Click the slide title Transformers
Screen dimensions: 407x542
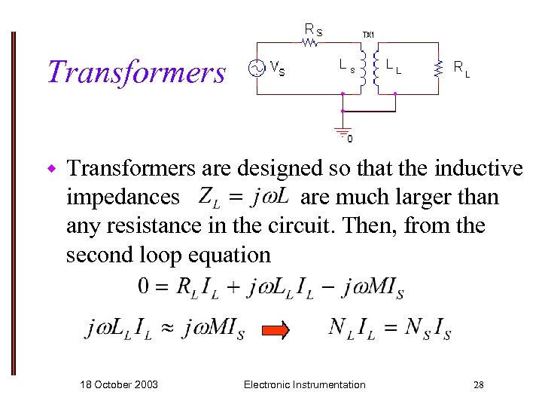pyautogui.click(x=135, y=72)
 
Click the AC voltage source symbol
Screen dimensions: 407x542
pyautogui.click(x=256, y=69)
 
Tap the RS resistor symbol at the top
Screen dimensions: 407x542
pyautogui.click(x=310, y=43)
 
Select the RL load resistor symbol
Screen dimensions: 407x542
pyautogui.click(x=438, y=69)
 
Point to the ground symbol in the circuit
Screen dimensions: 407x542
pyautogui.click(x=343, y=130)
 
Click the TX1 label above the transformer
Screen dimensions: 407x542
pyautogui.click(x=368, y=35)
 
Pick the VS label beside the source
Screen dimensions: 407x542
pyautogui.click(x=277, y=70)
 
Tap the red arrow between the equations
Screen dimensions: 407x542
pyautogui.click(x=275, y=329)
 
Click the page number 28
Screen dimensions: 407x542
pyautogui.click(x=478, y=385)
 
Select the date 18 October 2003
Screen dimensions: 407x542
pyautogui.click(x=119, y=385)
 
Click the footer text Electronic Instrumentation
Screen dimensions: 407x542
pyautogui.click(x=304, y=385)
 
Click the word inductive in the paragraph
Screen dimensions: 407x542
pyautogui.click(x=470, y=167)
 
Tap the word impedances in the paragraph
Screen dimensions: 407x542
pyautogui.click(x=123, y=197)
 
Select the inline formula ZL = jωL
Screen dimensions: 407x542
pyautogui.click(x=244, y=197)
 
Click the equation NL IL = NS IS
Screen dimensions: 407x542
pyautogui.click(x=389, y=329)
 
